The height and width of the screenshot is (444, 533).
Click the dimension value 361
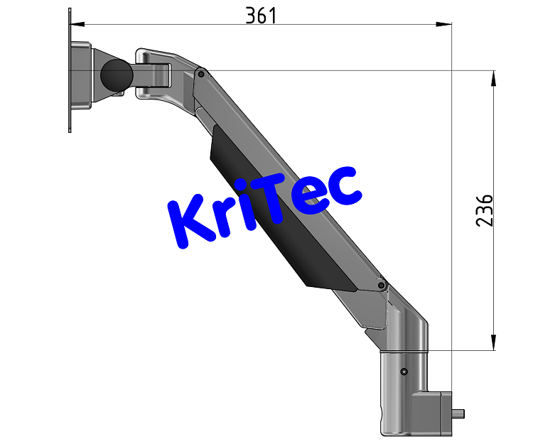point(260,15)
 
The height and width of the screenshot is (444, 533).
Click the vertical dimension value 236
point(484,210)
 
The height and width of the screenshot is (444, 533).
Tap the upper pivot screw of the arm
point(202,73)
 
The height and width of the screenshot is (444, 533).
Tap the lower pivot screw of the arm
point(382,286)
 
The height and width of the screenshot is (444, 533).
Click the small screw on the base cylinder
point(404,372)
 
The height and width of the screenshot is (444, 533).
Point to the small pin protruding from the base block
point(460,413)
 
